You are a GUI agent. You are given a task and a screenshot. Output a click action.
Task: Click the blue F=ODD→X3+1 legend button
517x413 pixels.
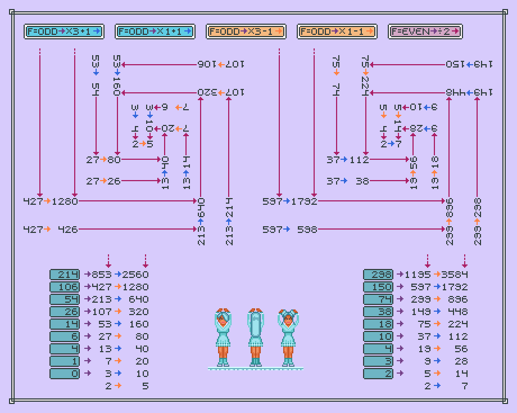(64, 32)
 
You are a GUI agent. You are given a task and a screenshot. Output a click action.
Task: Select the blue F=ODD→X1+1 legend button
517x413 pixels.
(155, 32)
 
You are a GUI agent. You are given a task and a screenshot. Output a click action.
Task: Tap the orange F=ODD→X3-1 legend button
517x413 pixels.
(246, 32)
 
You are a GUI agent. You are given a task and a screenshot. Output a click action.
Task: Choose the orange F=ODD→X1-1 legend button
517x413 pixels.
(337, 32)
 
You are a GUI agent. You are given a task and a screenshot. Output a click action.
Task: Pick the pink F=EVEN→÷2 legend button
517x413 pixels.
(425, 32)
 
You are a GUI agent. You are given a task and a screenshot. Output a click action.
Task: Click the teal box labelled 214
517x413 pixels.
(65, 275)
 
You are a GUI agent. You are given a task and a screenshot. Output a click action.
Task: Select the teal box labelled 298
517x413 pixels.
(378, 275)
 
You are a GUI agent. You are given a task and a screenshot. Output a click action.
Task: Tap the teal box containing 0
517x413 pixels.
(65, 374)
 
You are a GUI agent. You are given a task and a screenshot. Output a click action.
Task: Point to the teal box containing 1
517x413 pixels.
(65, 361)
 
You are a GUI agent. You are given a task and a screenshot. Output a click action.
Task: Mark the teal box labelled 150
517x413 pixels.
(378, 287)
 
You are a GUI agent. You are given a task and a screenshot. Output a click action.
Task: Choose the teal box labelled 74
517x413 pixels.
(378, 299)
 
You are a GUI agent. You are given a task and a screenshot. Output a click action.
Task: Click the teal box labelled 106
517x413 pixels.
(65, 287)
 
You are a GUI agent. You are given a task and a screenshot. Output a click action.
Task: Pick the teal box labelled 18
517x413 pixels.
(378, 324)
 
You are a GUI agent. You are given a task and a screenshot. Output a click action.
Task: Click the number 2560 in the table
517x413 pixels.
(137, 275)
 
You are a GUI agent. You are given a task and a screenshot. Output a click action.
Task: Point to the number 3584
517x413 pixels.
(455, 275)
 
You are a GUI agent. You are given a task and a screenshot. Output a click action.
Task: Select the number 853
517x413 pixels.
(102, 275)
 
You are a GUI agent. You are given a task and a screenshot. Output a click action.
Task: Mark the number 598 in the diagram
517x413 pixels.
(307, 230)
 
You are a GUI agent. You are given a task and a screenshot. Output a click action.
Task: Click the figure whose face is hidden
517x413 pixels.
(256, 336)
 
